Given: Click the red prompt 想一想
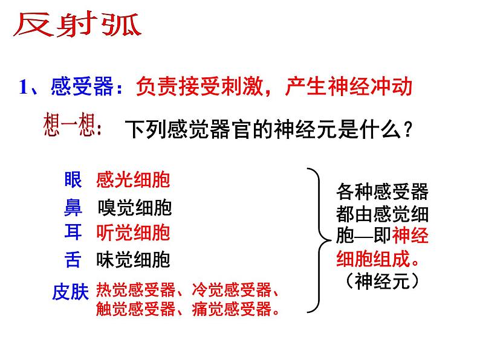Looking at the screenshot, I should [72, 126].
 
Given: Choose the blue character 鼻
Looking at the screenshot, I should [72, 207].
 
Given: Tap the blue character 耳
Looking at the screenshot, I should [72, 233].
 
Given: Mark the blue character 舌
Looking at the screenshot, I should [72, 260].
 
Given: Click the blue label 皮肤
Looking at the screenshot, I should [71, 293].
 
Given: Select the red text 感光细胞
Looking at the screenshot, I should [133, 179].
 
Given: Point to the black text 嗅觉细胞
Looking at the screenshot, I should [134, 208].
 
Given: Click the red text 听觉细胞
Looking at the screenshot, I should [133, 233].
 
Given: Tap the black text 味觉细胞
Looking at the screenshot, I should [133, 260].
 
